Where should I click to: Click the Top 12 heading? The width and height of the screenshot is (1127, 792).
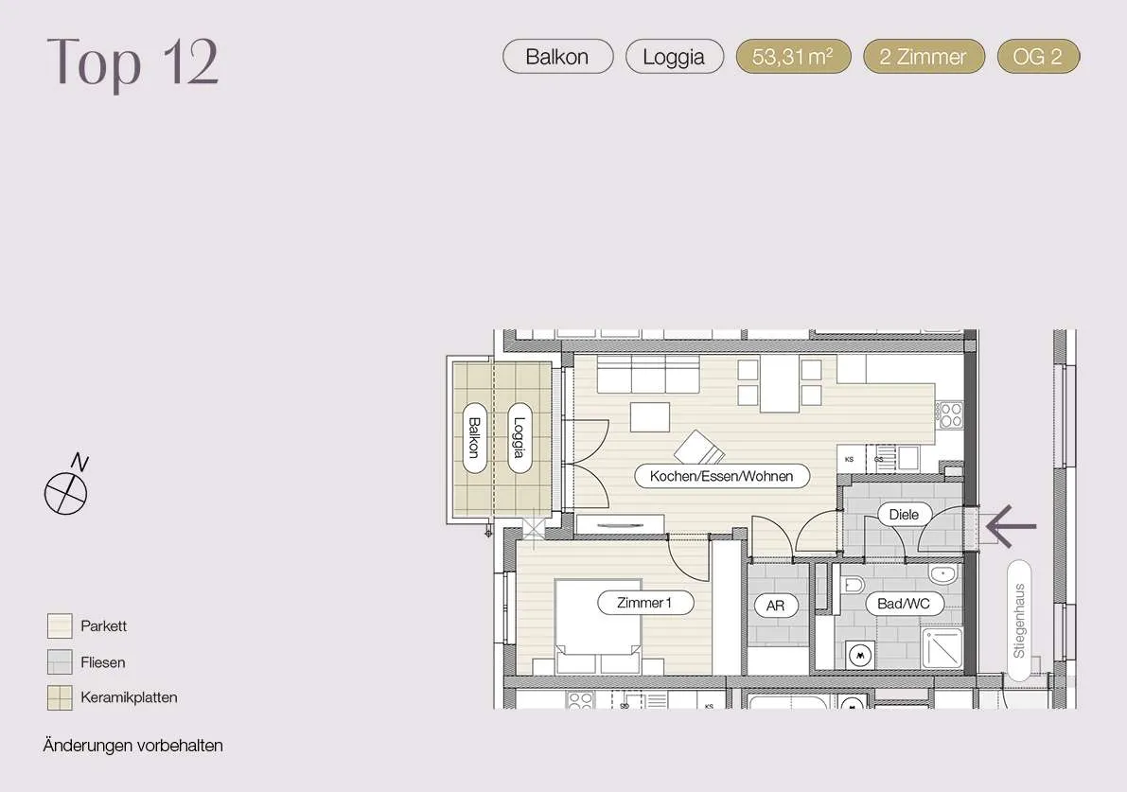pos(132,63)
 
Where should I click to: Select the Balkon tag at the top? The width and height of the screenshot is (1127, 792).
pos(557,57)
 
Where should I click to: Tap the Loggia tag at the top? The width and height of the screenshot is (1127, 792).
pos(674,57)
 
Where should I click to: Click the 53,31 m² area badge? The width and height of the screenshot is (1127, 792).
pos(794,57)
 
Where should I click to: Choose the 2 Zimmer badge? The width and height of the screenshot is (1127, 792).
pos(923,57)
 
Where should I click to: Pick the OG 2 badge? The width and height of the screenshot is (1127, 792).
pos(1038,57)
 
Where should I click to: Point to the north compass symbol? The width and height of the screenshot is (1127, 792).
pos(66,485)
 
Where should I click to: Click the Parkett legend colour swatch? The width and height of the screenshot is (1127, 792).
pos(60,626)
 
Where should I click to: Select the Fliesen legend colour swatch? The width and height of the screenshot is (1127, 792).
pos(60,662)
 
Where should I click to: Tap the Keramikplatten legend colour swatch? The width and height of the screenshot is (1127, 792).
pos(60,697)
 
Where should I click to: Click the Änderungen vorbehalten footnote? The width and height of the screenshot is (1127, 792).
pos(133,746)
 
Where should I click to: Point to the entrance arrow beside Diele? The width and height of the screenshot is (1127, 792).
pos(1011,526)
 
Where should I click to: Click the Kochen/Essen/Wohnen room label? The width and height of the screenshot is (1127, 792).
pos(722,476)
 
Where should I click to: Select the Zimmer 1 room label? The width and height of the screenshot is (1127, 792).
pos(644,602)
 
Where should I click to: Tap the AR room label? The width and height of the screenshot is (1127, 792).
pos(775,606)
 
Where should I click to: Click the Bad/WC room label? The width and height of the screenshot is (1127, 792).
pos(904,604)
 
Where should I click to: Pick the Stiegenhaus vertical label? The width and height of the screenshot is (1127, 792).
pos(1019,621)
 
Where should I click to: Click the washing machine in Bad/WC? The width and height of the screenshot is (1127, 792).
pos(860,656)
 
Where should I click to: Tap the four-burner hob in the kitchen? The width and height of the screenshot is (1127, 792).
pos(949,414)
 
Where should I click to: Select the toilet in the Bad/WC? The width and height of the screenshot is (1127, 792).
pos(852,584)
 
